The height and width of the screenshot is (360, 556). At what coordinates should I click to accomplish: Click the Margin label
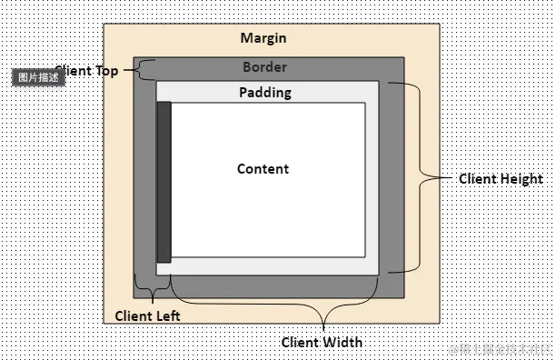pos(263,37)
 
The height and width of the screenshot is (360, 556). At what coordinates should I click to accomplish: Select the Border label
pos(264,67)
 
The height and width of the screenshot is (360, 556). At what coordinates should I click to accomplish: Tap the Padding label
pos(265,93)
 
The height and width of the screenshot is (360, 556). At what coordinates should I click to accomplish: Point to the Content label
pos(263,169)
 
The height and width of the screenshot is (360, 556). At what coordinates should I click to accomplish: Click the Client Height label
pos(501,179)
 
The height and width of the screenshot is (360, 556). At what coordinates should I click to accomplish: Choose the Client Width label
pos(322,342)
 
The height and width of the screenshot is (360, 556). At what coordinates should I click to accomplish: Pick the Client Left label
pos(147,315)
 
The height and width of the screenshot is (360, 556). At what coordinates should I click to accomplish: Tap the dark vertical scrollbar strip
pos(164,181)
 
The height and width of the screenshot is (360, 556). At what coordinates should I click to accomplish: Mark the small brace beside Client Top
pos(141,69)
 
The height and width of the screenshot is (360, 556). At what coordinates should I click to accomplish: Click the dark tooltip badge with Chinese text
pos(39,77)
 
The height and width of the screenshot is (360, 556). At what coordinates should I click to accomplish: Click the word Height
pos(521,179)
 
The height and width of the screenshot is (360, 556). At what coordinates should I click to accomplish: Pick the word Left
pos(168,315)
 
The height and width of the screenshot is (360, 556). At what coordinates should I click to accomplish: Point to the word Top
pos(107,71)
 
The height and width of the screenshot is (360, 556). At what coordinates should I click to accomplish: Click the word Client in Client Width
pos(301,342)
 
